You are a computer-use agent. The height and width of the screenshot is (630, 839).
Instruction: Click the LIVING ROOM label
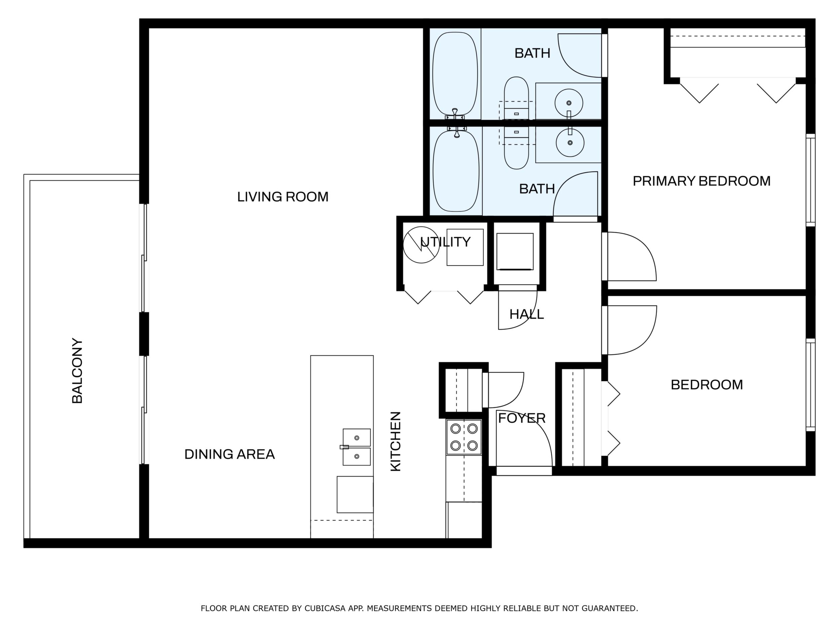pos(283,197)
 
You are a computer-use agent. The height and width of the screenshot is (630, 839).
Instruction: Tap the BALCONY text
pos(77,371)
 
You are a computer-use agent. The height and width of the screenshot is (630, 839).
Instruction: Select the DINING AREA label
pos(230,454)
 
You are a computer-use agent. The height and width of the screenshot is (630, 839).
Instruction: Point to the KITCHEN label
pos(396,442)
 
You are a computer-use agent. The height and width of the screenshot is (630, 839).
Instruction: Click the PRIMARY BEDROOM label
pos(702,181)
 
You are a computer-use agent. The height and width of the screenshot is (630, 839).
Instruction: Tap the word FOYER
pos(522,418)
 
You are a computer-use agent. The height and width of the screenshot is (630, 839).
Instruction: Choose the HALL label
pos(526,314)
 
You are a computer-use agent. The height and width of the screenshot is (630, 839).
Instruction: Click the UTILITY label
pos(446,242)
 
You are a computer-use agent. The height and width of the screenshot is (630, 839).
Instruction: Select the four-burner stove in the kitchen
pos(464,437)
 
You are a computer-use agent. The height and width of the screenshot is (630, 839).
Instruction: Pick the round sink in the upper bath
pos(568,103)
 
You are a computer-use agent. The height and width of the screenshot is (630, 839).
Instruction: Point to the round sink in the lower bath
pos(570,143)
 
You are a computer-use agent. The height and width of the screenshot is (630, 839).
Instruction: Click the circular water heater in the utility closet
pos(421,245)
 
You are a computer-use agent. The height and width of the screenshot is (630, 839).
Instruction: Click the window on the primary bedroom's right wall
pos(810,180)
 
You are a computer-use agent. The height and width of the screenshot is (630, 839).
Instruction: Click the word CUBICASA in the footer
pos(325,608)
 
